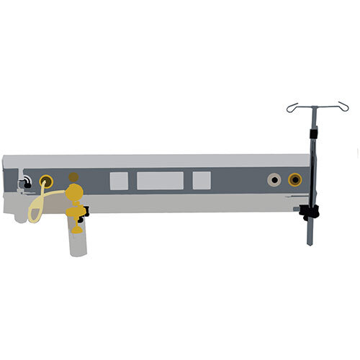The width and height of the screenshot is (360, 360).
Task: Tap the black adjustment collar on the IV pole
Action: tap(314, 135)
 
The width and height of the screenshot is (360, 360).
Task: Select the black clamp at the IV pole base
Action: tap(310, 213)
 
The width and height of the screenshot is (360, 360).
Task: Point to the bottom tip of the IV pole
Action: tap(310, 243)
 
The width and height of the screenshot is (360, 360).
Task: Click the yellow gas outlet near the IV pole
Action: tap(294, 179)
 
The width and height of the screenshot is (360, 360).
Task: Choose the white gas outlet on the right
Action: tap(274, 179)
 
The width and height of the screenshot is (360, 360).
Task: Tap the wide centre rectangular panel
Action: tap(160, 180)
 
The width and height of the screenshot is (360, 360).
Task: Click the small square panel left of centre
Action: tap(119, 180)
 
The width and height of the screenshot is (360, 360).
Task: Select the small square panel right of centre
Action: tap(202, 180)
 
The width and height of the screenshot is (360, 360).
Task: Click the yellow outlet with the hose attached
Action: tap(46, 181)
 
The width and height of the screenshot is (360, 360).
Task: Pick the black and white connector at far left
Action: tap(26, 182)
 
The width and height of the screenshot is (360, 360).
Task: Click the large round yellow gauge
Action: tap(74, 193)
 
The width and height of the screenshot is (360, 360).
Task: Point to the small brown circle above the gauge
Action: tap(73, 176)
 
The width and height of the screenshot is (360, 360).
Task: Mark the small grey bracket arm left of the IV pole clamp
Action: tap(298, 210)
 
